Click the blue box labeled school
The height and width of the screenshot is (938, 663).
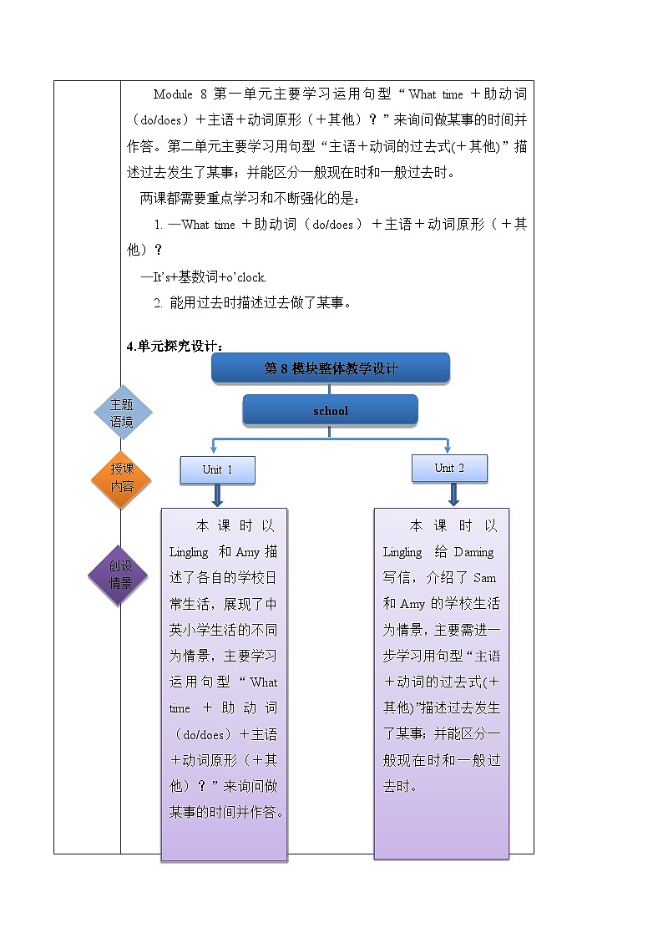coord(330,410)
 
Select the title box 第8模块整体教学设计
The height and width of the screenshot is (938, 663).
coord(331,368)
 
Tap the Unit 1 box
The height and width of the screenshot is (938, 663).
coord(217,469)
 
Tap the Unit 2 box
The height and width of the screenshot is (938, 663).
coord(449,468)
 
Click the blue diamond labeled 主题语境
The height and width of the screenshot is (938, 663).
coord(122,413)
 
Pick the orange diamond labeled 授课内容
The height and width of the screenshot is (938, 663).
coord(122,478)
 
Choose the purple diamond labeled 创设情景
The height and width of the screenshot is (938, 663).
coord(121,575)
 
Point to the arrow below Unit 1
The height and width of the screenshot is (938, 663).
coord(217,495)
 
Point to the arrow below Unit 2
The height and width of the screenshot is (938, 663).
coord(453,494)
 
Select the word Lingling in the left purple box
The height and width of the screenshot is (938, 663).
coord(189,552)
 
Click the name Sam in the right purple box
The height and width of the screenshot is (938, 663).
coord(485,578)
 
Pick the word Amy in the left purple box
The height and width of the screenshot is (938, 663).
coord(248,552)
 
